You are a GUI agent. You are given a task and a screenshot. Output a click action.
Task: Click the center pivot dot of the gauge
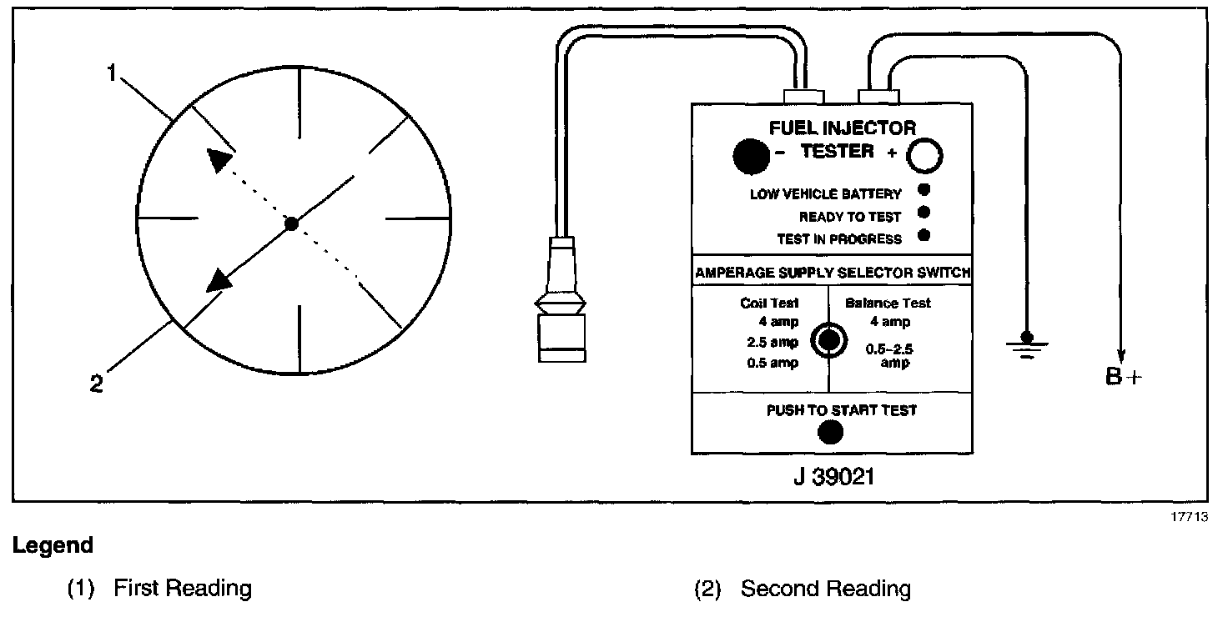point(290,223)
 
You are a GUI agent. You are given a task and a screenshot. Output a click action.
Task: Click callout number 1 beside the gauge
point(111,73)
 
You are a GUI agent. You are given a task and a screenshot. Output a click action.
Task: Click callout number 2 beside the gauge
point(97,384)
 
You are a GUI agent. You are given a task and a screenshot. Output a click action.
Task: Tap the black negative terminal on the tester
point(750,156)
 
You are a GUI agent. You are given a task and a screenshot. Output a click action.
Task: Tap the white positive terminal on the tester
point(925,155)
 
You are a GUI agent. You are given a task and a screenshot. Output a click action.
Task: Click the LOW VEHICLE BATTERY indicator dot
point(924,189)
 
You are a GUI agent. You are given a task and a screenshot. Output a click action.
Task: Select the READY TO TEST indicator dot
point(924,213)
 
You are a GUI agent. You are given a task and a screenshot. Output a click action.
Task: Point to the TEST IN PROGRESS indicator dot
point(924,236)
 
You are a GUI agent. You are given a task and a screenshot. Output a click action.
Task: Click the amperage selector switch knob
point(828,339)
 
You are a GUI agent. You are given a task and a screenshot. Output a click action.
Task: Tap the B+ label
point(1123,377)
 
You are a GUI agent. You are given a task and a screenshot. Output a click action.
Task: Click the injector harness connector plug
point(557,300)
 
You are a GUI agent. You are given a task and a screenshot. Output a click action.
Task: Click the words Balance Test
point(887,303)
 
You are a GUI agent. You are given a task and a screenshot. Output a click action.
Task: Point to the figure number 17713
point(1190,517)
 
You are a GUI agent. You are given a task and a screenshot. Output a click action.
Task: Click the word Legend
point(52,546)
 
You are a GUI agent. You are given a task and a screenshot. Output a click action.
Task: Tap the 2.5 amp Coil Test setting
point(773,342)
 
